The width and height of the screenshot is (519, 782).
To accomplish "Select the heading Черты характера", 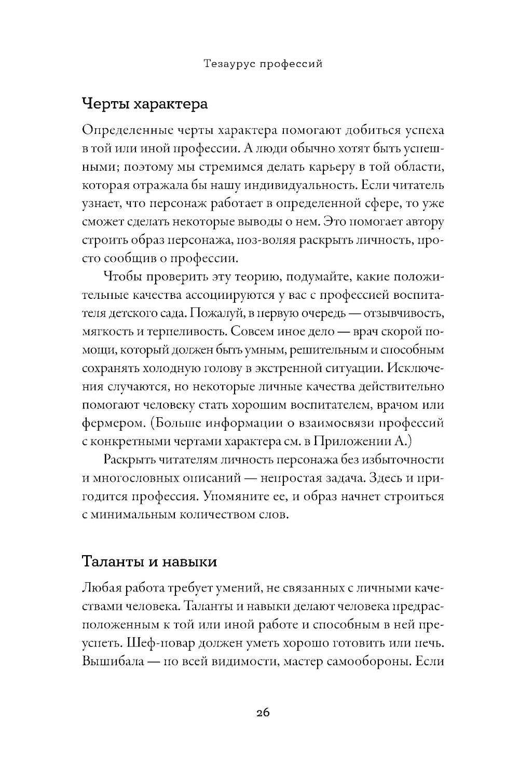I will (x=145, y=104).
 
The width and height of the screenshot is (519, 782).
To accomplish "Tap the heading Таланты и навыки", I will (x=149, y=562).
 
